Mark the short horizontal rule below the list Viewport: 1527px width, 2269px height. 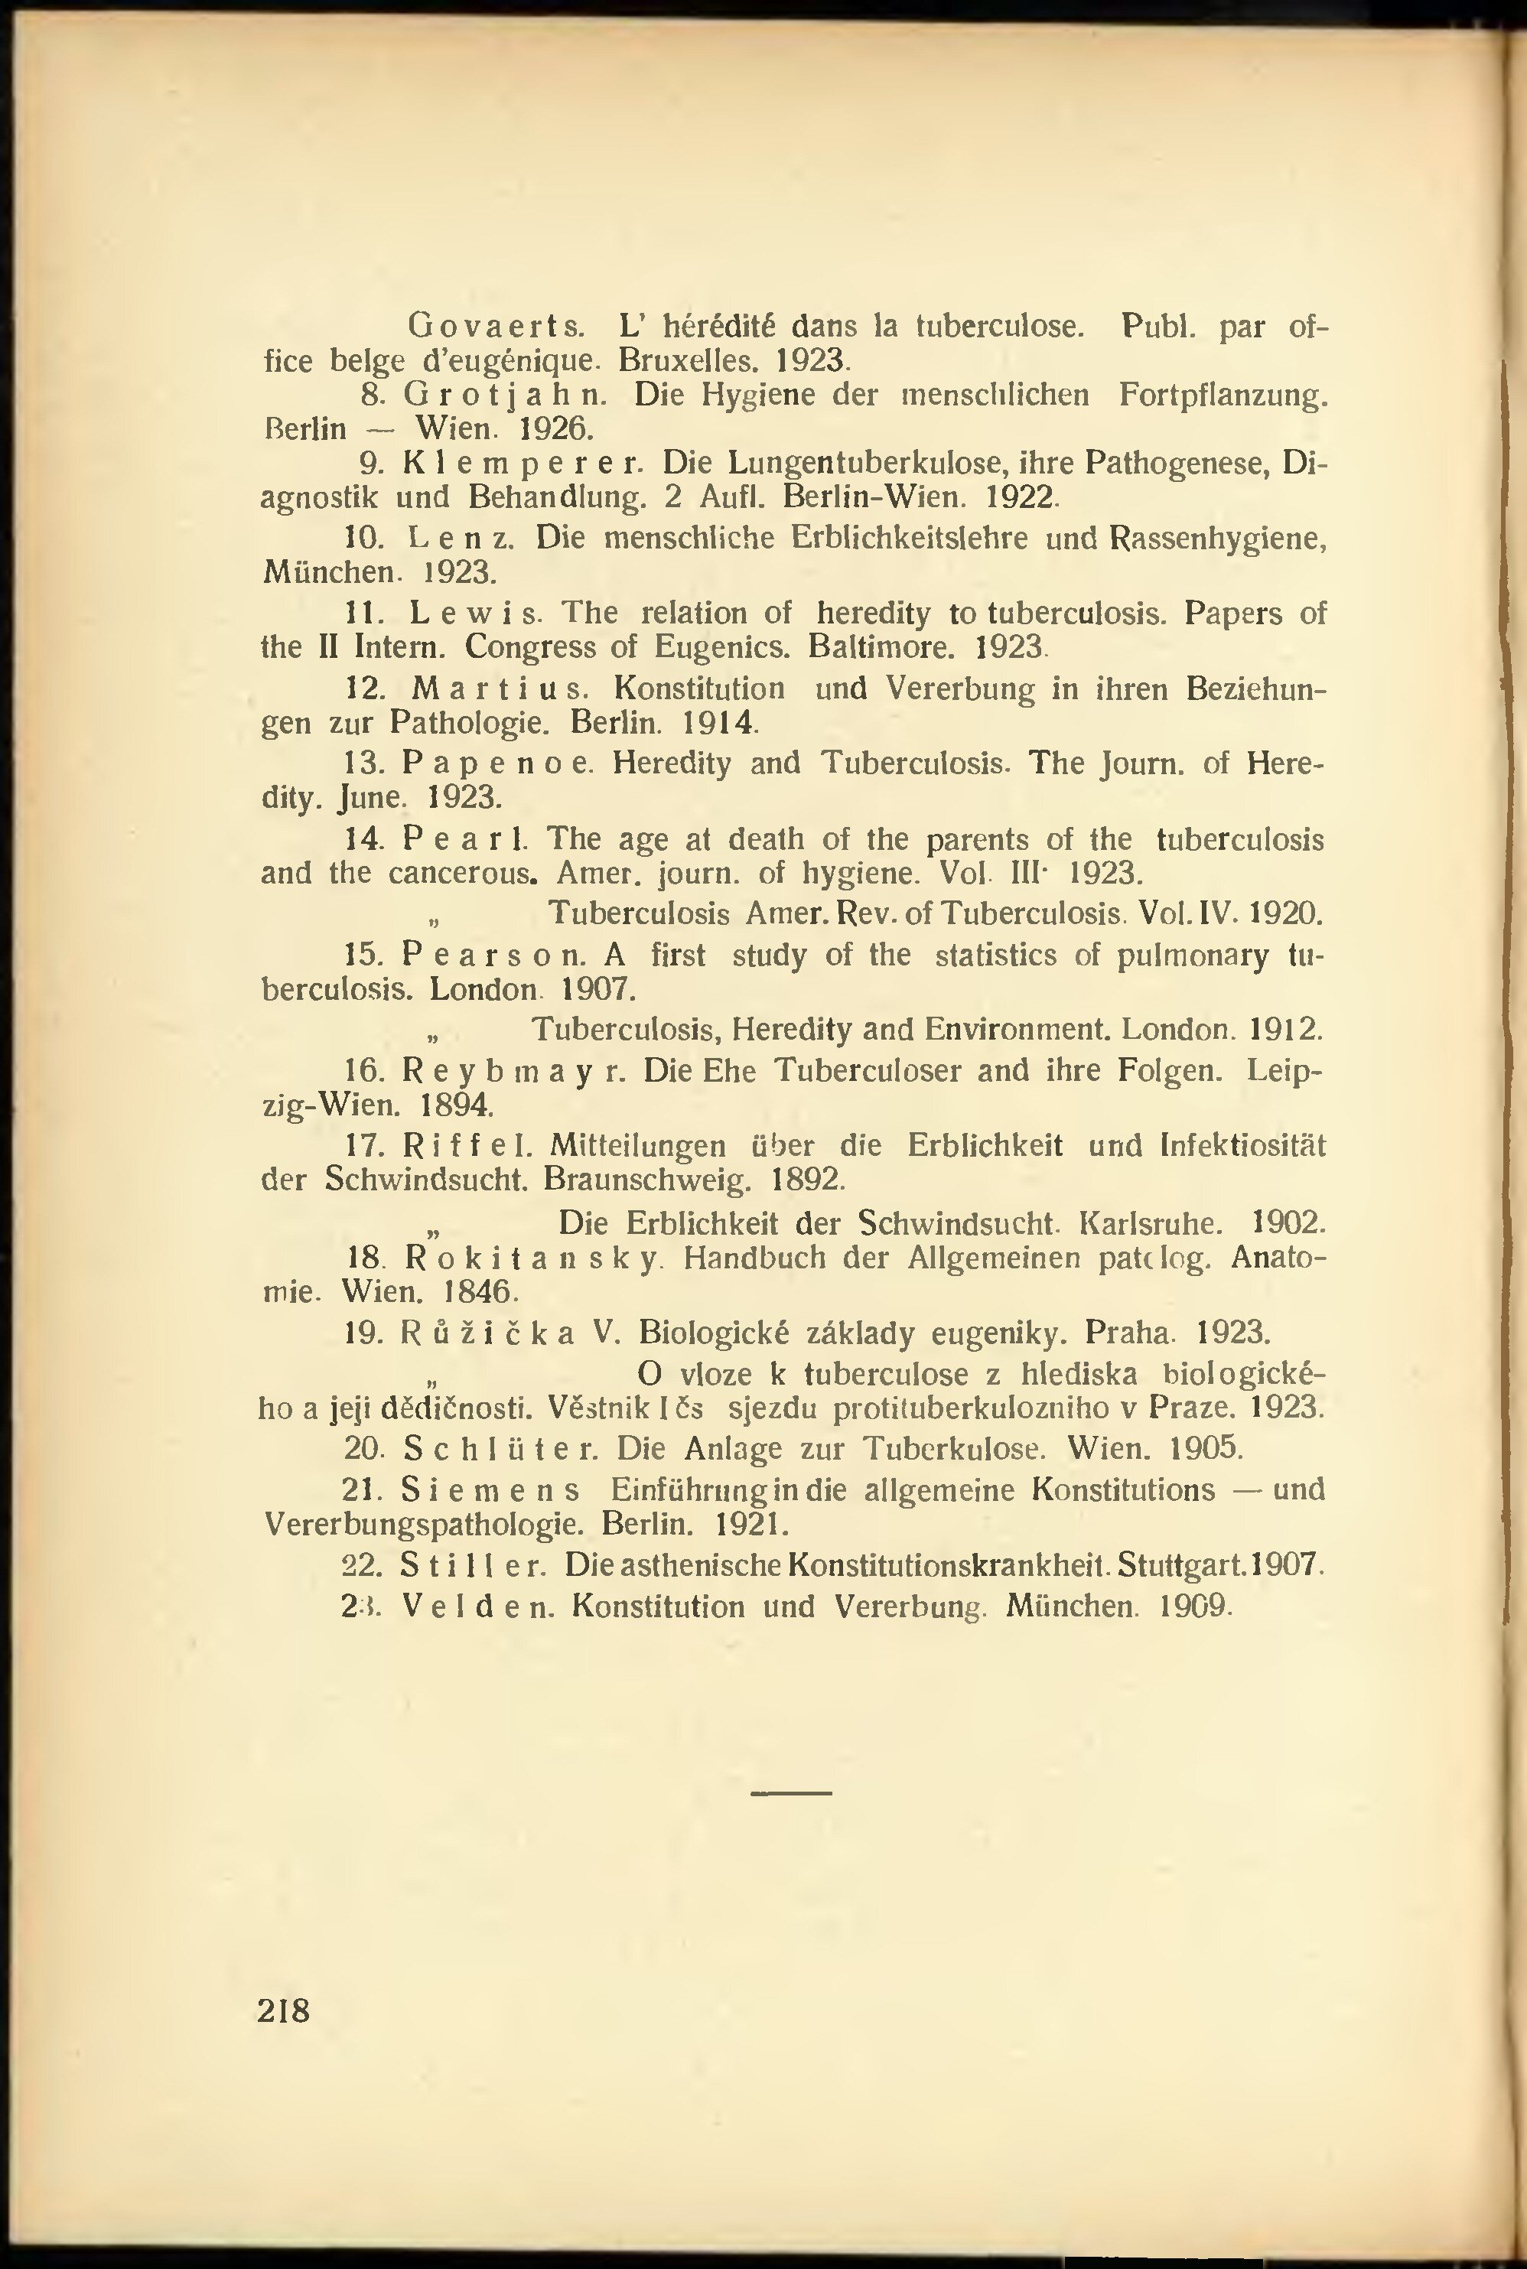tap(791, 1793)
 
